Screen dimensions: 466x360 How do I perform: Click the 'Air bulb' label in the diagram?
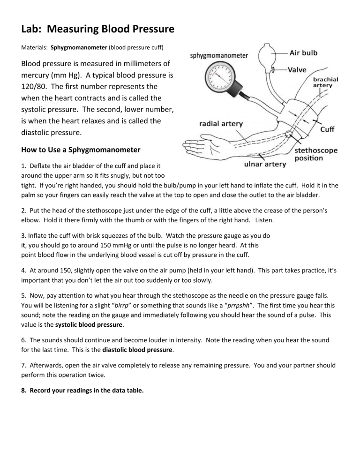click(x=304, y=53)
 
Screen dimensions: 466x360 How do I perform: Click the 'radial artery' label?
click(x=220, y=124)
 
